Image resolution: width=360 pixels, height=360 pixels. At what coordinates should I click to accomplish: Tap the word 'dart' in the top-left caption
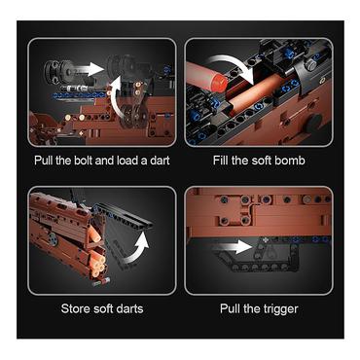tap(160, 161)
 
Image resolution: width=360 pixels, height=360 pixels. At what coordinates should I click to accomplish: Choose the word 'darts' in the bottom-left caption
tap(129, 308)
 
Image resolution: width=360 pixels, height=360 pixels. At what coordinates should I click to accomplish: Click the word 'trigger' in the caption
tap(280, 309)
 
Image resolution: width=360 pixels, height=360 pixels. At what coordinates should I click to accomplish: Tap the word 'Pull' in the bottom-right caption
tap(230, 308)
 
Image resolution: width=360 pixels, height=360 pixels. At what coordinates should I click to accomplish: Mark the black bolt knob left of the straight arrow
tap(57, 72)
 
